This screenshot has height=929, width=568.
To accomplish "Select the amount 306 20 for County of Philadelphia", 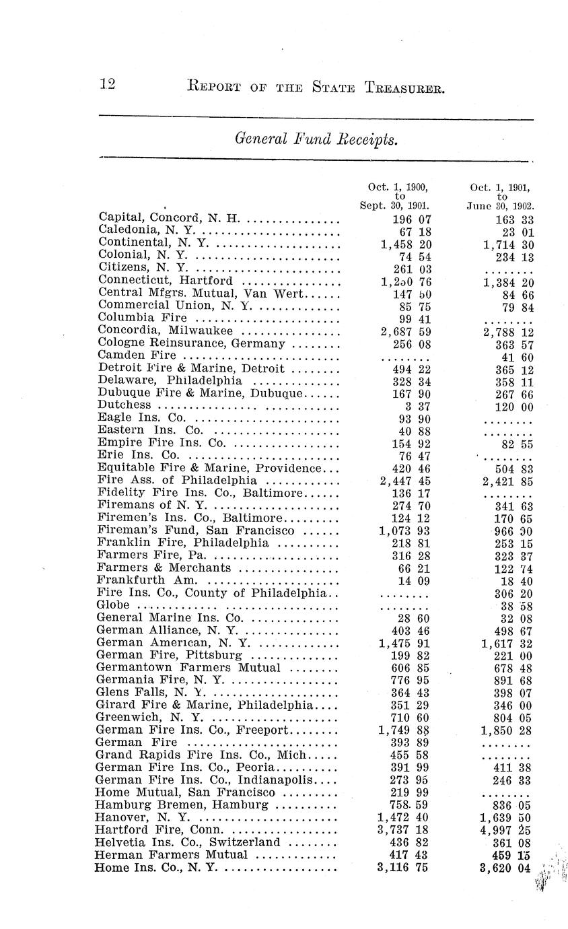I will [x=516, y=593].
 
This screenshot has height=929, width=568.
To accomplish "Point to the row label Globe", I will [x=113, y=605].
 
